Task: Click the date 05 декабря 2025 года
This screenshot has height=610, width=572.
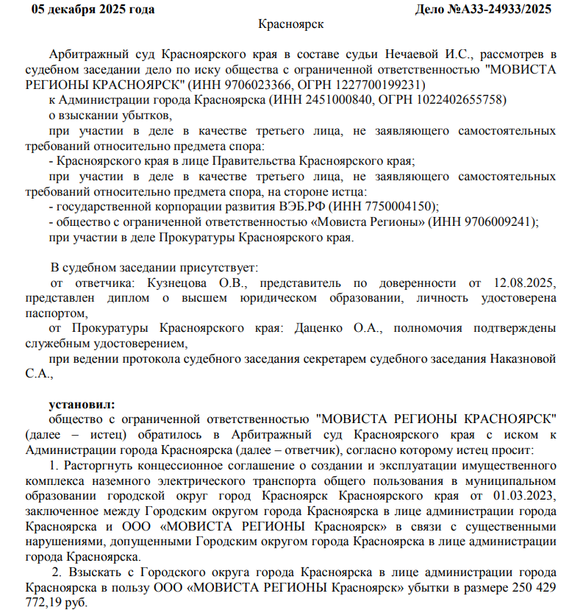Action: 92,9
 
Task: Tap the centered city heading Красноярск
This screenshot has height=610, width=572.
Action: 292,24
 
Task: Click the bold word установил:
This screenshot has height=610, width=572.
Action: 82,404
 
